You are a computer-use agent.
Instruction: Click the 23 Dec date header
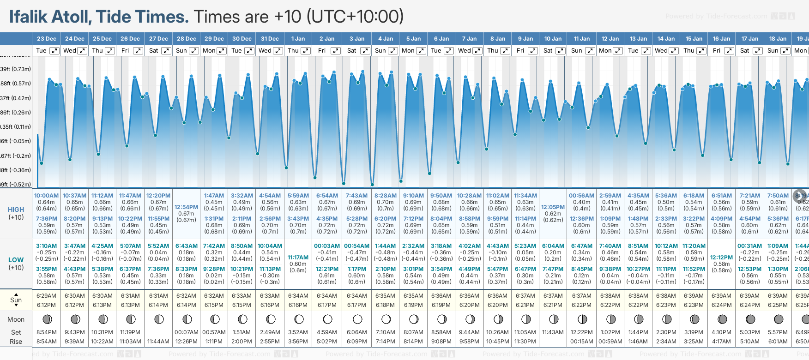[x=46, y=39]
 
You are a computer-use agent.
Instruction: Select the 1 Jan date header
[x=298, y=39]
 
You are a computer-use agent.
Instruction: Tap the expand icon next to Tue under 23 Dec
[x=54, y=51]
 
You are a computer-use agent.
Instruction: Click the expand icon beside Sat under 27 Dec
[x=166, y=51]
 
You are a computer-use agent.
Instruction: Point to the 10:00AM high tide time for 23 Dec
[x=47, y=196]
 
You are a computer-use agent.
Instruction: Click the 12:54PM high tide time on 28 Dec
[x=186, y=207]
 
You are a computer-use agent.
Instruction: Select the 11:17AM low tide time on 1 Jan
[x=298, y=258]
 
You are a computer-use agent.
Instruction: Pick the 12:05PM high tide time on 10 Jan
[x=553, y=207]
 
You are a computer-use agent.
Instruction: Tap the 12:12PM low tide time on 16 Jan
[x=721, y=258]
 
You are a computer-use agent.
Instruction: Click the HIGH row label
[x=16, y=210]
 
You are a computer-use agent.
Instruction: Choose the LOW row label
[x=16, y=260]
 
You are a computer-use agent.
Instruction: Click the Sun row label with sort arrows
[x=16, y=300]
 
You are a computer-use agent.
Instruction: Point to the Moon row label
[x=16, y=319]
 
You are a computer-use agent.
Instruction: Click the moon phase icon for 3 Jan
[x=357, y=319]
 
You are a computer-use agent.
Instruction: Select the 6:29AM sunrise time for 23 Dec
[x=47, y=296]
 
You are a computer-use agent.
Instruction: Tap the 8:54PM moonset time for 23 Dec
[x=47, y=332]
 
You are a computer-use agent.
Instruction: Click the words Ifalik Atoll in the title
[x=49, y=17]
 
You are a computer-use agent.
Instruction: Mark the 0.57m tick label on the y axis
[x=16, y=84]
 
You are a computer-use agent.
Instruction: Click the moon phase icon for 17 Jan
[x=750, y=319]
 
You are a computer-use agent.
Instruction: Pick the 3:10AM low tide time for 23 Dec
[x=47, y=246]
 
